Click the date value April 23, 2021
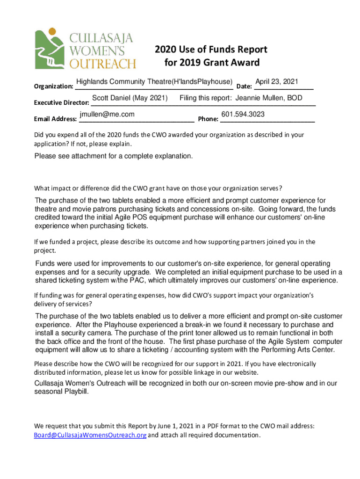pos(276,82)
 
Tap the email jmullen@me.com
pos(107,114)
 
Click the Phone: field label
pos(208,119)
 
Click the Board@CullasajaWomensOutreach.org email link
pos(90,435)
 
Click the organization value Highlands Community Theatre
pos(123,82)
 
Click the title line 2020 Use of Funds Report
pos(211,50)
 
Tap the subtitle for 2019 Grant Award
pos(212,63)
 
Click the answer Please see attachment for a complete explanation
pos(113,156)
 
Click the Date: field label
pos(245,87)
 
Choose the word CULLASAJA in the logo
pos(101,37)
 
